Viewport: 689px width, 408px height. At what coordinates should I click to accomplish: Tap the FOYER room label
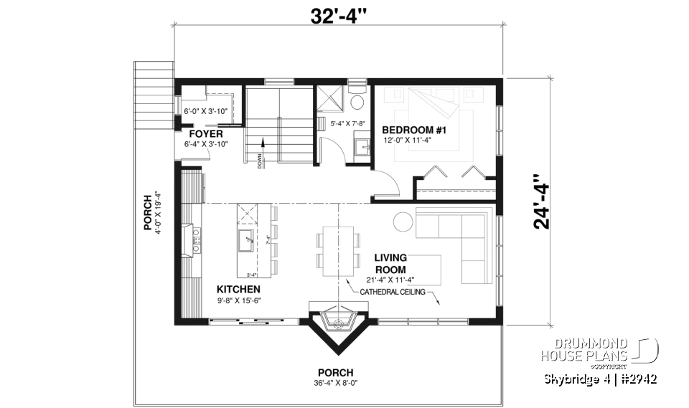[x=206, y=133]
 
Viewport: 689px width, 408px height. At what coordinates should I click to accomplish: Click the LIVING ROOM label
[x=390, y=263]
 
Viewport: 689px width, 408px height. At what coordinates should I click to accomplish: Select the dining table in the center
[x=339, y=251]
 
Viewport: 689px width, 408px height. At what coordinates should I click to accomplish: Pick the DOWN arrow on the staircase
[x=263, y=147]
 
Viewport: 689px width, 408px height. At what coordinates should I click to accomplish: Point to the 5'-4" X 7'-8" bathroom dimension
[x=347, y=124]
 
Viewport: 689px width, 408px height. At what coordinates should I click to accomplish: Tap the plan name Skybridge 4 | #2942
[x=600, y=379]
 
